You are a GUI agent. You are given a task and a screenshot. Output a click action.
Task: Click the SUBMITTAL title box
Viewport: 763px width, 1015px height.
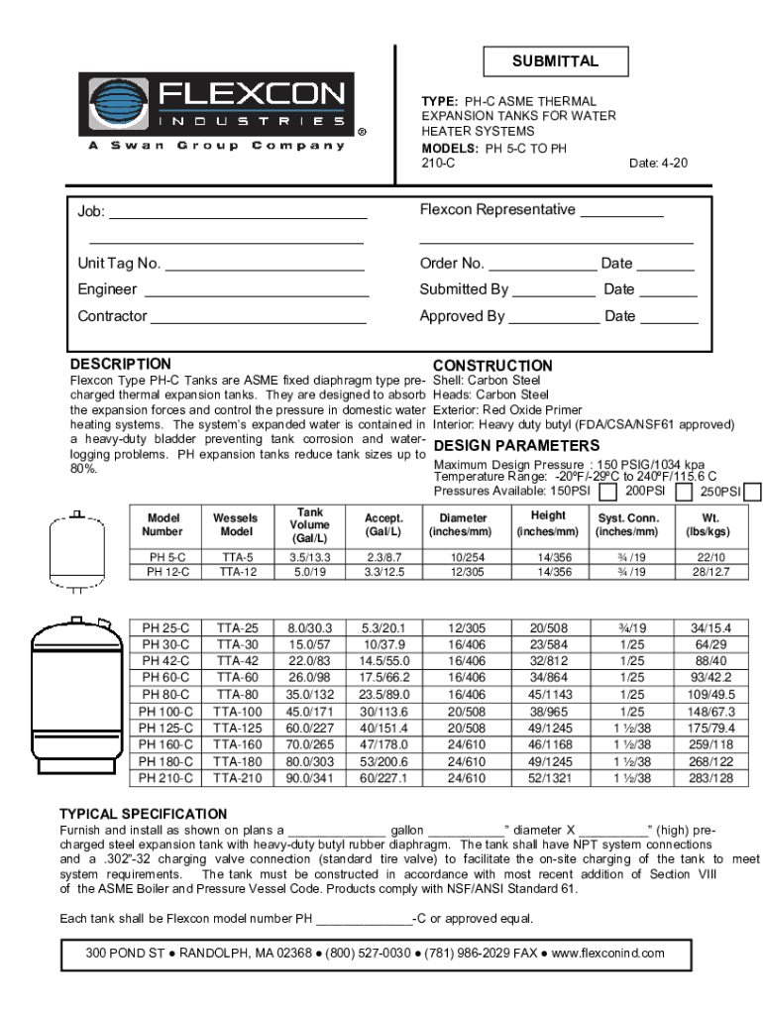pyautogui.click(x=555, y=61)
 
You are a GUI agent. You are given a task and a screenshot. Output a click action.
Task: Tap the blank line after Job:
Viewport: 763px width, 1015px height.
pyautogui.click(x=238, y=212)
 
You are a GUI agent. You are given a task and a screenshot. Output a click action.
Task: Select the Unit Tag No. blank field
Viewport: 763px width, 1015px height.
pyautogui.click(x=265, y=265)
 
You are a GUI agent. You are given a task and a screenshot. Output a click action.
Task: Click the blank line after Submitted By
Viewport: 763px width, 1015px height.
pyautogui.click(x=554, y=290)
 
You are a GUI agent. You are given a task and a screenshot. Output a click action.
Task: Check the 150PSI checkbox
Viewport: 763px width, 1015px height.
pyautogui.click(x=609, y=492)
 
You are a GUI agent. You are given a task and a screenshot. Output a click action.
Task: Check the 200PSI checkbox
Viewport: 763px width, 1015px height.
pyautogui.click(x=683, y=492)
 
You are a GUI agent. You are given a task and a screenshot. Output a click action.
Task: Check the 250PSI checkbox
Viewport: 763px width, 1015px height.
pyautogui.click(x=752, y=492)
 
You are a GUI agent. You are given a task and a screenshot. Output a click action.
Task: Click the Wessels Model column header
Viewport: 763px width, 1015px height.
pyautogui.click(x=235, y=524)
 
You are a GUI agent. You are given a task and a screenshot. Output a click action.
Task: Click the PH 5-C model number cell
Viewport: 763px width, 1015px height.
pyautogui.click(x=163, y=558)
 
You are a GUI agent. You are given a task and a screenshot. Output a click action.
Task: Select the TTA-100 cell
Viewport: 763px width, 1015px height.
pyautogui.click(x=238, y=712)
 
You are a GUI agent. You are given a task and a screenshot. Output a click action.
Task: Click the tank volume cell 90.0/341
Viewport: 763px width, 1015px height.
pyautogui.click(x=309, y=778)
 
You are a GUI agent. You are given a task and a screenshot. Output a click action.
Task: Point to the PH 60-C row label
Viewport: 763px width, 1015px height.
pyautogui.click(x=164, y=677)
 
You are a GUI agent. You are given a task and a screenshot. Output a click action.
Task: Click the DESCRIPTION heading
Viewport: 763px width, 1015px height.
pyautogui.click(x=120, y=364)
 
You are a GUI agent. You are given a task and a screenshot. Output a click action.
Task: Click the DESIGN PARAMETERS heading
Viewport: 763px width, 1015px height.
pyautogui.click(x=516, y=446)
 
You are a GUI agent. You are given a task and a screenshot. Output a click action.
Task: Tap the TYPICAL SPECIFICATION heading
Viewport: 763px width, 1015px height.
pyautogui.click(x=144, y=814)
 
